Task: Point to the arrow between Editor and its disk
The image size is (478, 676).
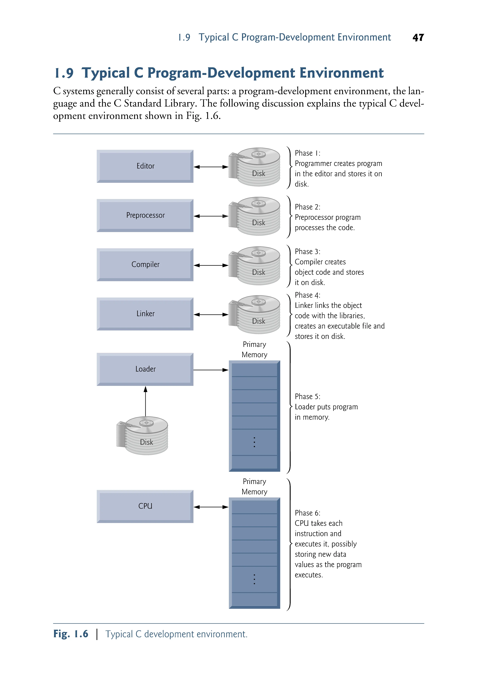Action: click(x=211, y=167)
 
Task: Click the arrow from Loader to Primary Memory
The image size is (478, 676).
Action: click(x=211, y=370)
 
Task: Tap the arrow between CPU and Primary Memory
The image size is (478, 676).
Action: click(x=211, y=507)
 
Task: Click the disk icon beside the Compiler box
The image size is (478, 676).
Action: click(x=255, y=266)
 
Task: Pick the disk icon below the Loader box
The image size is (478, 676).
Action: click(x=143, y=435)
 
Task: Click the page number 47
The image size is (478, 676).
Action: click(x=418, y=38)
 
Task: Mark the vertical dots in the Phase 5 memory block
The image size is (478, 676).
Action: click(x=254, y=442)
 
